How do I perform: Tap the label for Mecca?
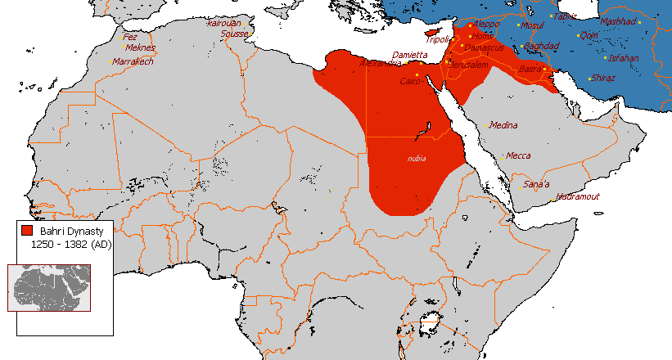coord(518,155)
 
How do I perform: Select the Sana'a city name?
coord(537,184)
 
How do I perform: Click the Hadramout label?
coord(578,196)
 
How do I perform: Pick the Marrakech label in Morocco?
coord(133,61)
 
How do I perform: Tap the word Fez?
coord(130,37)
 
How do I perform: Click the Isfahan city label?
coord(625,58)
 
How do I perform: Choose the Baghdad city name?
coord(541,46)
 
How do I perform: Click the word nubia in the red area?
coord(417,158)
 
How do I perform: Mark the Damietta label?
coord(410,55)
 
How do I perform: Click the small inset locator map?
coord(49,286)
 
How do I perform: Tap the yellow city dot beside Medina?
coord(487,126)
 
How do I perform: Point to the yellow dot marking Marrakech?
coord(111,62)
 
